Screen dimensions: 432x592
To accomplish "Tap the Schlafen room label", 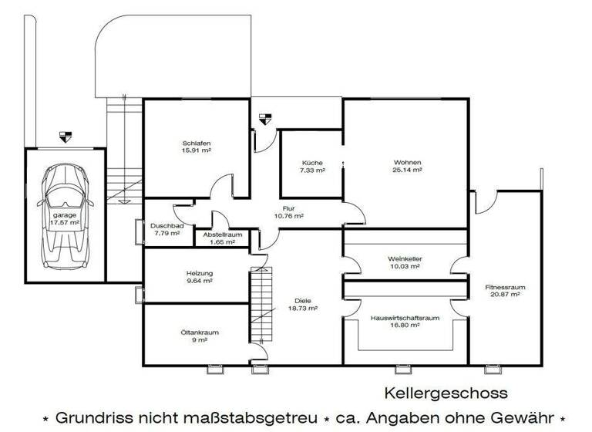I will (x=197, y=143).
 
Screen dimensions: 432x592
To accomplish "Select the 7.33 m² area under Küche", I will (x=312, y=170).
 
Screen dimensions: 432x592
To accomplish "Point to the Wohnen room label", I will (x=407, y=163).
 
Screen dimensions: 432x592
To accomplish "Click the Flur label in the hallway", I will (x=289, y=209).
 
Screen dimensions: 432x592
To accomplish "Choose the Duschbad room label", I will (x=166, y=225).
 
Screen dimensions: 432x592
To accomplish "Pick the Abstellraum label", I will (x=223, y=235).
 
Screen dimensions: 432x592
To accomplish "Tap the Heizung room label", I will (x=199, y=274).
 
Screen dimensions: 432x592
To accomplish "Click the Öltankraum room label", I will (x=198, y=332).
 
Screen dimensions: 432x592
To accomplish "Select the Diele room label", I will (x=302, y=300).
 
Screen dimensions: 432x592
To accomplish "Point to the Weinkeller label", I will (x=405, y=259).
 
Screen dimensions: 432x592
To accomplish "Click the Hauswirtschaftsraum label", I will (x=405, y=318).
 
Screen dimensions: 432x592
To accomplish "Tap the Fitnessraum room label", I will (x=505, y=287).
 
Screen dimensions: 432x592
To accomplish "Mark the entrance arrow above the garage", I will (x=65, y=136).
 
